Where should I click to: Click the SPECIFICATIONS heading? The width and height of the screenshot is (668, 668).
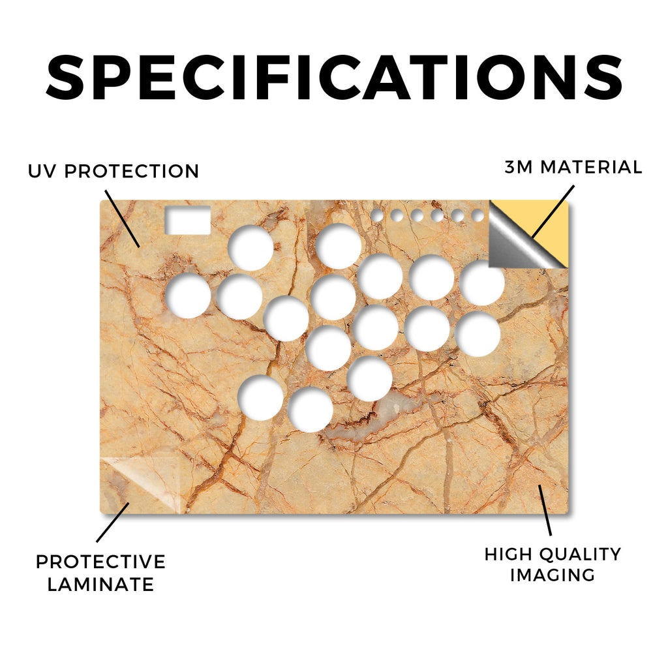pyautogui.click(x=334, y=78)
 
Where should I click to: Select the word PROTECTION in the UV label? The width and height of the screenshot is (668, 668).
pyautogui.click(x=132, y=172)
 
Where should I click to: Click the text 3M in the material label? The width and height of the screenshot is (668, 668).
pyautogui.click(x=519, y=167)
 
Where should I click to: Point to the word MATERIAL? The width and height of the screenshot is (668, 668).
pyautogui.click(x=591, y=167)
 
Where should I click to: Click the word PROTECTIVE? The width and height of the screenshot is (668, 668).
pyautogui.click(x=100, y=562)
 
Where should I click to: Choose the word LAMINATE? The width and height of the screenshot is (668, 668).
pyautogui.click(x=100, y=584)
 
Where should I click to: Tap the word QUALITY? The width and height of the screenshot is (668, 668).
pyautogui.click(x=580, y=554)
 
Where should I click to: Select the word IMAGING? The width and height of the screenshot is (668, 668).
pyautogui.click(x=553, y=575)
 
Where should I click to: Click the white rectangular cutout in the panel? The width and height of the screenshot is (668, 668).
pyautogui.click(x=188, y=220)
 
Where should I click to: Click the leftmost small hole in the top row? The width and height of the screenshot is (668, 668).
pyautogui.click(x=376, y=215)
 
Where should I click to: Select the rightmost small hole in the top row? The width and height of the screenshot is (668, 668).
pyautogui.click(x=478, y=215)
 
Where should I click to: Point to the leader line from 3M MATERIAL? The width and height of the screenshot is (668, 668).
pyautogui.click(x=553, y=211)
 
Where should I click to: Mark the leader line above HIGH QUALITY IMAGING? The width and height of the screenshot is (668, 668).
pyautogui.click(x=545, y=510)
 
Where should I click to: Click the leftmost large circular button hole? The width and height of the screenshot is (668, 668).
pyautogui.click(x=188, y=296)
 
